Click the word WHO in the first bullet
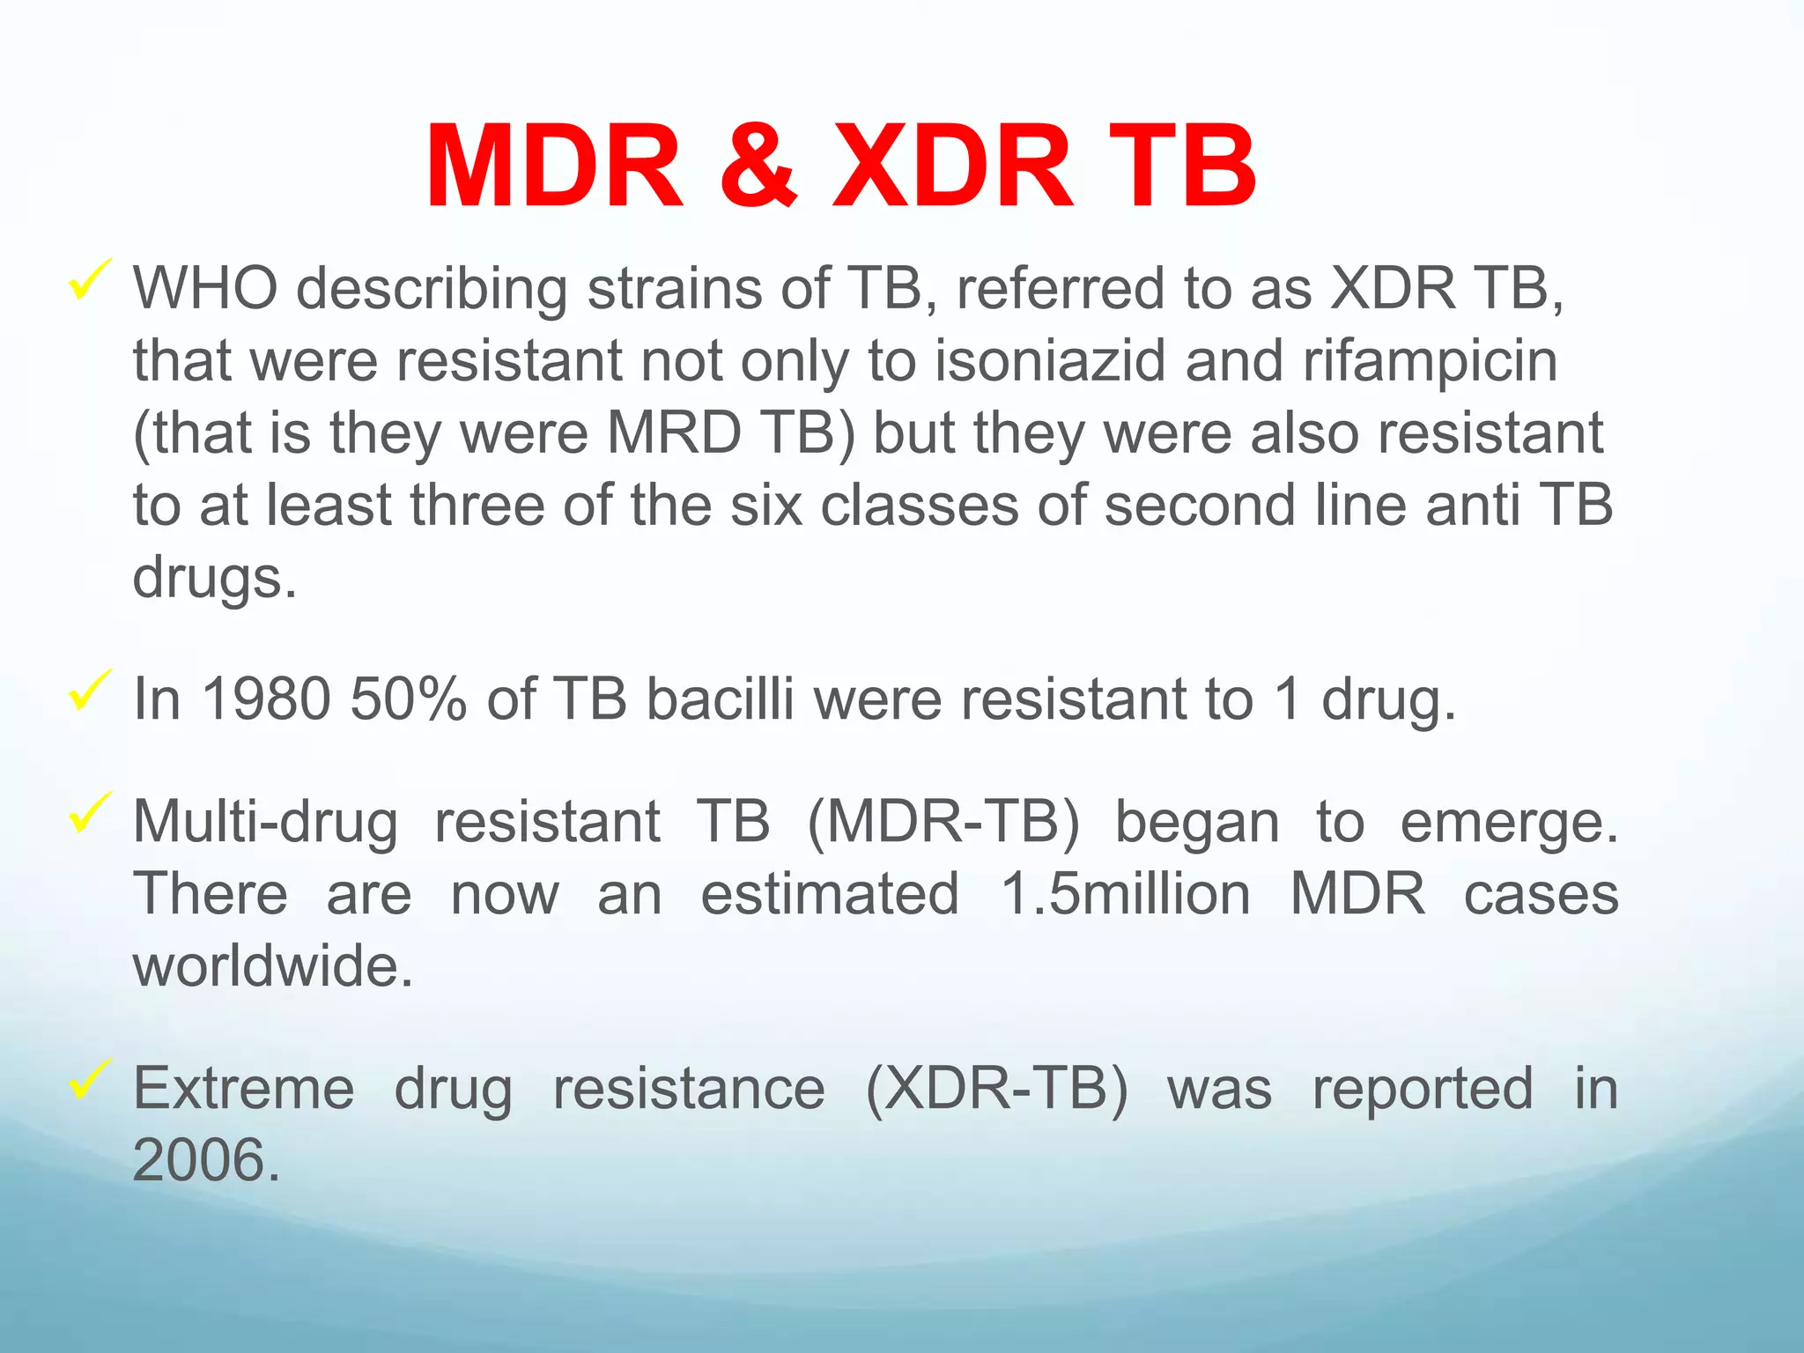point(205,288)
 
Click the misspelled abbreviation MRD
point(674,433)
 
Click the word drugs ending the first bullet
point(214,579)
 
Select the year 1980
point(266,699)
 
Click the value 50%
point(408,699)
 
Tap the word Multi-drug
point(265,823)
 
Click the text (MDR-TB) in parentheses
point(943,823)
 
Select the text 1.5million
point(1125,895)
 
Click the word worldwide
point(272,967)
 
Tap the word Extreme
point(244,1090)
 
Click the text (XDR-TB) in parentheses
point(996,1090)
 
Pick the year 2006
point(205,1161)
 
